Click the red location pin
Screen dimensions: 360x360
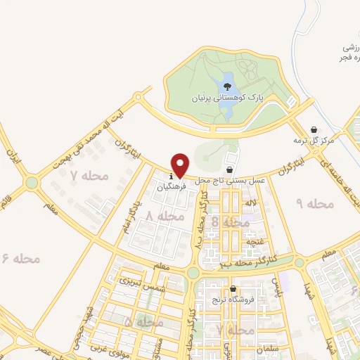179,165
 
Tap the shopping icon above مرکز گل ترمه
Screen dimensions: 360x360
314,129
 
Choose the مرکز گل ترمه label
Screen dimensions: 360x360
323,141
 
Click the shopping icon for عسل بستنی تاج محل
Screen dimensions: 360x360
229,169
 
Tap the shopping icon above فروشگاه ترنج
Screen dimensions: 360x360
233,288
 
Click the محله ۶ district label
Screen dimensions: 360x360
22,258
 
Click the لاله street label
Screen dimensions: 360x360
250,202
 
